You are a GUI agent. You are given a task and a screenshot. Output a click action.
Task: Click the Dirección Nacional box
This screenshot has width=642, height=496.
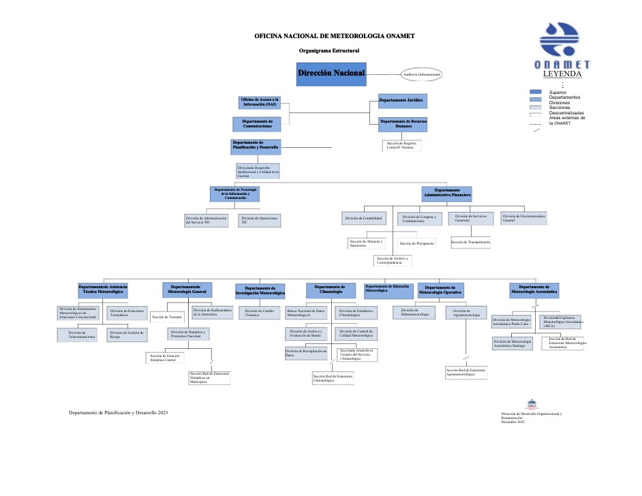tap(331, 73)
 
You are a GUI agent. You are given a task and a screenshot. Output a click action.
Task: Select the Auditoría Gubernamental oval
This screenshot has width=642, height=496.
tap(422, 74)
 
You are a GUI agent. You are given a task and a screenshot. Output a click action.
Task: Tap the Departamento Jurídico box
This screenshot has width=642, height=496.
tap(403, 101)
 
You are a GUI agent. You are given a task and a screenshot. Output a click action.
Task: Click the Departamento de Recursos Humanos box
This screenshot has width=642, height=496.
tap(403, 124)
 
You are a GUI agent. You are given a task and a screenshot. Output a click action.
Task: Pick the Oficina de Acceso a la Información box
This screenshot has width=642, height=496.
tap(259, 102)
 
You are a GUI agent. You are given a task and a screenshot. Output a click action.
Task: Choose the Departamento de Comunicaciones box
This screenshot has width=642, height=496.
tap(257, 124)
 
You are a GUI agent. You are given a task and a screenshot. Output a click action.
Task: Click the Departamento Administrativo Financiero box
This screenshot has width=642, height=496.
tap(446, 193)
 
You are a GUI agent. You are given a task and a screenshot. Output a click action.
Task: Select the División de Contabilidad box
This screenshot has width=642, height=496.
tap(363, 219)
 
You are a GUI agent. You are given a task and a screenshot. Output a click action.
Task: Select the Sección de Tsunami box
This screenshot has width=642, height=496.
tap(166, 316)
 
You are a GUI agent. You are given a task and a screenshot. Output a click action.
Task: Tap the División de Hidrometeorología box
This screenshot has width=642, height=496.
tap(415, 313)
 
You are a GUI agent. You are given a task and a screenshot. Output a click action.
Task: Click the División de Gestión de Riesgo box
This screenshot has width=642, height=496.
tap(127, 335)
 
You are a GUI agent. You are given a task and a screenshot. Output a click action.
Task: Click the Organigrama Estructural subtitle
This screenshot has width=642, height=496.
tap(328, 50)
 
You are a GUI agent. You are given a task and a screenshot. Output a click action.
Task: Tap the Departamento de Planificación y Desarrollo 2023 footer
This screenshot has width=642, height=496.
tap(118, 413)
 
